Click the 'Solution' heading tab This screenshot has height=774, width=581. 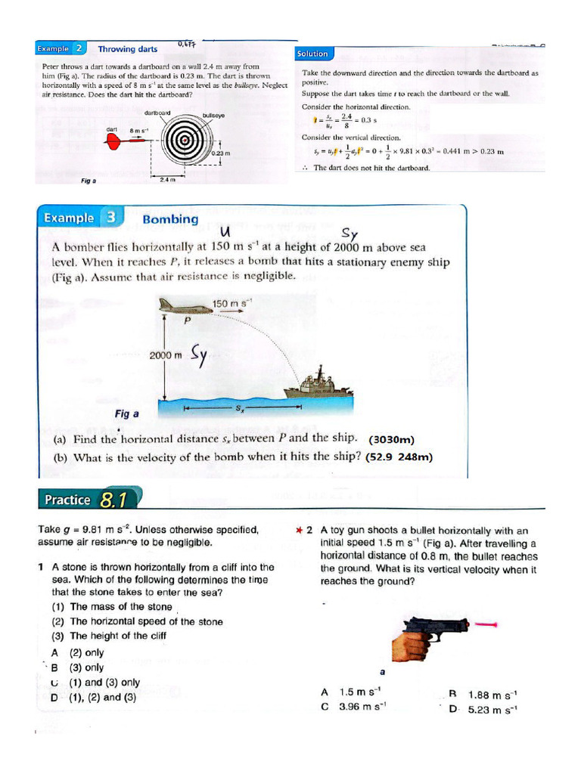(x=312, y=54)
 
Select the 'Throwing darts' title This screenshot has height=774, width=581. (x=128, y=49)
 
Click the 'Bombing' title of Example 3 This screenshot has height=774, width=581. (x=170, y=219)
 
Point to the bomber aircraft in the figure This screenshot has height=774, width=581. (x=186, y=307)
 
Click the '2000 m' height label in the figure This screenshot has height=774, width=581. (x=166, y=354)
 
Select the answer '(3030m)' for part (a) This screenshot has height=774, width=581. (x=392, y=439)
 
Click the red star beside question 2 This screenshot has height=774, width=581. (x=300, y=531)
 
